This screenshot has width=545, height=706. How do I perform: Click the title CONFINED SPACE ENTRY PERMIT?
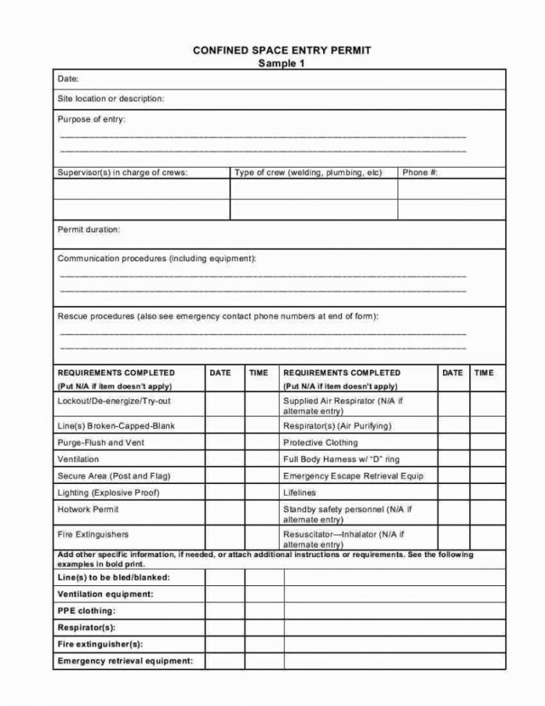(x=282, y=50)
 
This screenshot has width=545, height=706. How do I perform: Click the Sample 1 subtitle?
(x=282, y=64)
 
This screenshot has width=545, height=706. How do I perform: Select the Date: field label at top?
(x=68, y=79)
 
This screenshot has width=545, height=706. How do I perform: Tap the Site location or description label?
(x=111, y=99)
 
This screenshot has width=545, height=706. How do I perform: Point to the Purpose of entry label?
(x=91, y=119)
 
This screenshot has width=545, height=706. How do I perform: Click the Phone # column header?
(x=420, y=173)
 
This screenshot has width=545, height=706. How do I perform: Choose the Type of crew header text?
(x=308, y=173)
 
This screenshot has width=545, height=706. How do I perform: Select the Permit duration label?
(x=89, y=230)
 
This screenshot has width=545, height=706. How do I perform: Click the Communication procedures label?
(x=157, y=258)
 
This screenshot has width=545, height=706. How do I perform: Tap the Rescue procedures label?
(x=218, y=316)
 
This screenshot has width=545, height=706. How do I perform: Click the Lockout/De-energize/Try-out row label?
(x=114, y=401)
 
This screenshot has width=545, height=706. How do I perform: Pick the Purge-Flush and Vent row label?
(x=100, y=442)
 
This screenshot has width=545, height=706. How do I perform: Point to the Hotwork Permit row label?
(x=88, y=509)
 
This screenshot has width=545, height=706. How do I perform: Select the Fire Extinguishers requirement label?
(x=93, y=534)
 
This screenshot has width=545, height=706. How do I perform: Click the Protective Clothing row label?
(x=320, y=442)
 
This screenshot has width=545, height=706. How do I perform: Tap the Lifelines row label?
(x=300, y=493)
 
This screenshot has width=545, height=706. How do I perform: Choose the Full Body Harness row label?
(x=341, y=459)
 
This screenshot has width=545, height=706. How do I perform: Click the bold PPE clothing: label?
(x=86, y=610)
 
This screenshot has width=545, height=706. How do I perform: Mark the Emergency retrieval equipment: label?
(x=125, y=661)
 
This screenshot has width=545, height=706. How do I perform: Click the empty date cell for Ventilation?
(x=225, y=459)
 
